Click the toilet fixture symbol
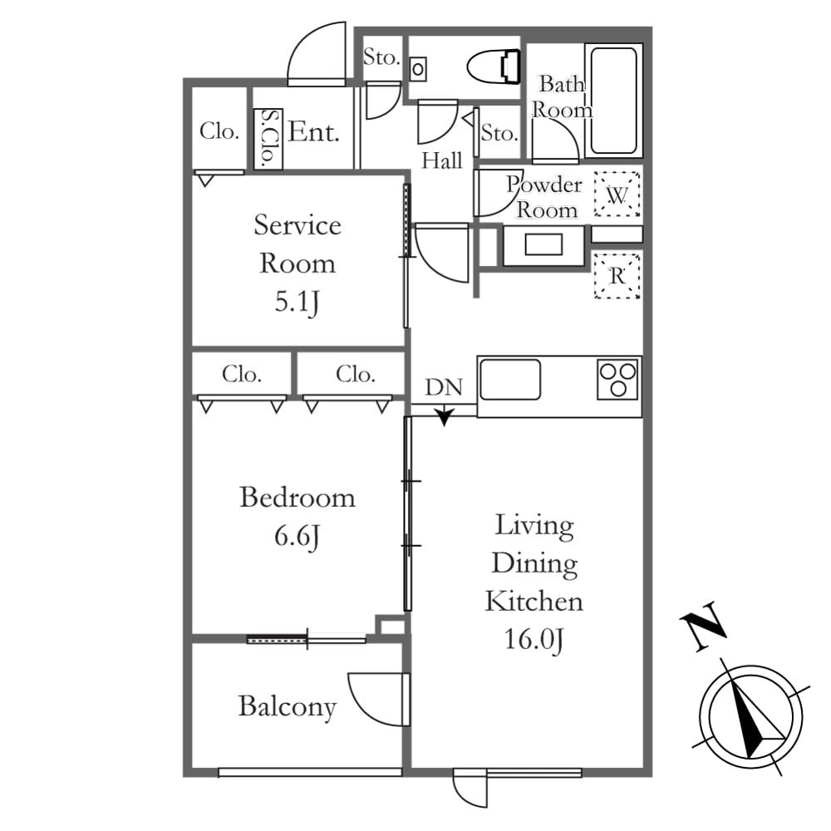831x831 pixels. pyautogui.click(x=493, y=66)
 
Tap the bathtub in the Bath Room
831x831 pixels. pyautogui.click(x=614, y=101)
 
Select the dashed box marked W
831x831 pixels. pyautogui.click(x=617, y=194)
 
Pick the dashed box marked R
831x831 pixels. pyautogui.click(x=617, y=276)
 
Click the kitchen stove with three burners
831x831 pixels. pyautogui.click(x=617, y=380)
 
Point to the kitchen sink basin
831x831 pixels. pyautogui.click(x=510, y=380)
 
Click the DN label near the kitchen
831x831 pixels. pyautogui.click(x=444, y=387)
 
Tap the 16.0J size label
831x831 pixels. pyautogui.click(x=534, y=640)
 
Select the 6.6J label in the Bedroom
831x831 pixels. pyautogui.click(x=297, y=536)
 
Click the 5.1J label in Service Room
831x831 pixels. pyautogui.click(x=297, y=302)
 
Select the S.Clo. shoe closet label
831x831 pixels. pyautogui.click(x=268, y=138)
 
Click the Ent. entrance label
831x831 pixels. pyautogui.click(x=314, y=131)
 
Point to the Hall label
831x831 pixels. pyautogui.click(x=441, y=160)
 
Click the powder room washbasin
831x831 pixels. pyautogui.click(x=543, y=245)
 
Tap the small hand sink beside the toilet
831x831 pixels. pyautogui.click(x=418, y=69)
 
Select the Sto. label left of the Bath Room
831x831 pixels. pyautogui.click(x=499, y=132)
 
